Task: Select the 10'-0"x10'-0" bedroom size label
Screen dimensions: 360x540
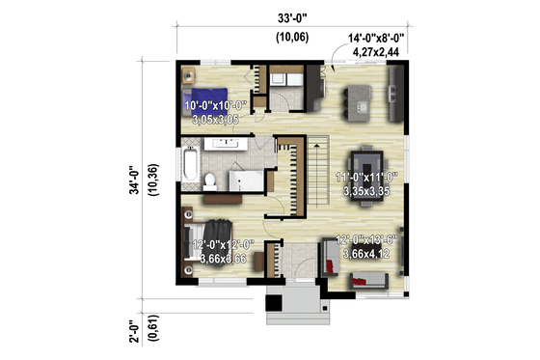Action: (216, 104)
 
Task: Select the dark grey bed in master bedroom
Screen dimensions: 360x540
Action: (198, 244)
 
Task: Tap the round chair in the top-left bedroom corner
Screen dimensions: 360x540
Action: (189, 75)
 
